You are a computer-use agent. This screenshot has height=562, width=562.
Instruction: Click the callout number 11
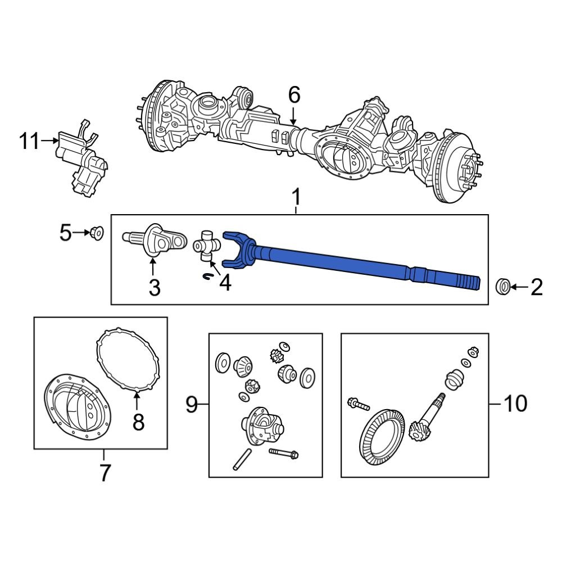tap(30, 142)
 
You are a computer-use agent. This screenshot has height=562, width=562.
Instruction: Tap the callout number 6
tap(294, 96)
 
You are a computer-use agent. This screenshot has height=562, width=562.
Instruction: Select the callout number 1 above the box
tap(296, 198)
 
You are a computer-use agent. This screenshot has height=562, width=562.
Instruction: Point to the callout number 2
tap(537, 288)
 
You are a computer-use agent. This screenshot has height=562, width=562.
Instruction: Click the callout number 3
tap(154, 288)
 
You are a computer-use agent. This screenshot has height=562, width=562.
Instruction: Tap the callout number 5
tap(66, 232)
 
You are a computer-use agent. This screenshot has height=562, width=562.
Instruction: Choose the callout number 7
tap(105, 473)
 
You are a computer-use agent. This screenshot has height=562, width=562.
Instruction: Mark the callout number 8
tap(138, 421)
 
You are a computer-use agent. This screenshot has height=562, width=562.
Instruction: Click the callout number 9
tap(192, 404)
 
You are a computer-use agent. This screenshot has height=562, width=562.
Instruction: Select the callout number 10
tap(514, 404)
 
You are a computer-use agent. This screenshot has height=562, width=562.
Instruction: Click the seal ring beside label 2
tap(503, 287)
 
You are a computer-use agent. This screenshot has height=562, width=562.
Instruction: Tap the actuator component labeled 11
tap(81, 160)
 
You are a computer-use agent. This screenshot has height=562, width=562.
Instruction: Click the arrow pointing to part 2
tap(520, 287)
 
